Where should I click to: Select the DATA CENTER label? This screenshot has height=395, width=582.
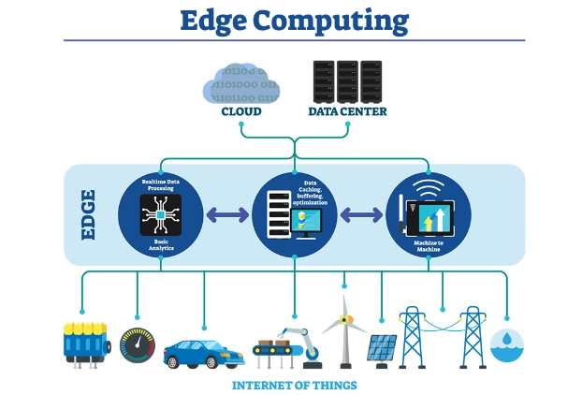tap(347, 112)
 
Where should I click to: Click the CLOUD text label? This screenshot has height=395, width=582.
tap(240, 112)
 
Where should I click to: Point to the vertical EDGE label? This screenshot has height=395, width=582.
tap(90, 215)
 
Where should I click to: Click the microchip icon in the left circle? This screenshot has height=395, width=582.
tap(161, 215)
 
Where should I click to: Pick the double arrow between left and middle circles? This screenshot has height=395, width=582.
tap(227, 215)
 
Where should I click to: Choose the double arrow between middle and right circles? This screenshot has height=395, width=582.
tap(361, 215)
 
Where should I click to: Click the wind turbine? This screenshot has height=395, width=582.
tap(343, 323)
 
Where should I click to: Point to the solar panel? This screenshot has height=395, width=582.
tap(381, 348)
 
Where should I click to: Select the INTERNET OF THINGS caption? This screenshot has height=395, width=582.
tap(294, 385)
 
